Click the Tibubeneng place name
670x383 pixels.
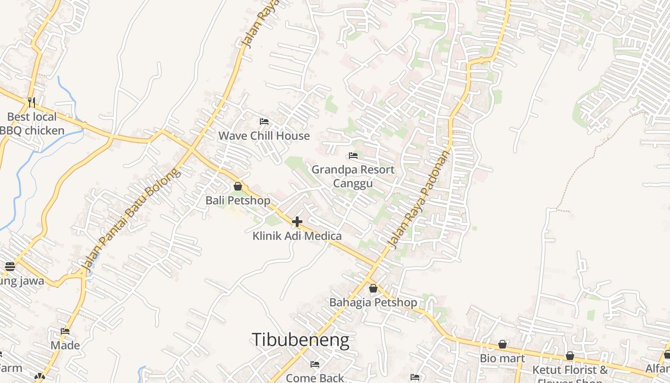pyautogui.click(x=300, y=340)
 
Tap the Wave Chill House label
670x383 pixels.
pyautogui.click(x=264, y=136)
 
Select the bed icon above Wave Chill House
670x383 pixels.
pyautogui.click(x=264, y=122)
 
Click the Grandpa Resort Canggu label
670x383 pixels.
pyautogui.click(x=353, y=177)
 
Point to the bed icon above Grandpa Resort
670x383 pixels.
pyautogui.click(x=353, y=156)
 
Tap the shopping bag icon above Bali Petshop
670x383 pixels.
pyautogui.click(x=238, y=186)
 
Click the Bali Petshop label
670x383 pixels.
pyautogui.click(x=238, y=200)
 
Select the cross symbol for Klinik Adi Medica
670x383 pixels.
pyautogui.click(x=297, y=222)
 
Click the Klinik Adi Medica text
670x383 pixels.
pyautogui.click(x=297, y=236)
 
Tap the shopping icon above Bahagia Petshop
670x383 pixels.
pyautogui.click(x=373, y=288)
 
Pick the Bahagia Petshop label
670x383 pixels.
pyautogui.click(x=373, y=303)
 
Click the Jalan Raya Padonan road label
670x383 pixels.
pyautogui.click(x=419, y=199)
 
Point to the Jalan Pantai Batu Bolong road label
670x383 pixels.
pyautogui.click(x=131, y=218)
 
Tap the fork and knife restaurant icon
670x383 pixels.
pyautogui.click(x=32, y=102)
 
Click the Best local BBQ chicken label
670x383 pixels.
pyautogui.click(x=32, y=124)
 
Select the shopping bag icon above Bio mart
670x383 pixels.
pyautogui.click(x=502, y=344)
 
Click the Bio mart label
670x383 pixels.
pyautogui.click(x=502, y=359)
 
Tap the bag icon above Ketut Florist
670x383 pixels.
pyautogui.click(x=570, y=356)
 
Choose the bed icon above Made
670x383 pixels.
pyautogui.click(x=65, y=331)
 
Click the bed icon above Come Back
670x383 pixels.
pyautogui.click(x=315, y=364)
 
